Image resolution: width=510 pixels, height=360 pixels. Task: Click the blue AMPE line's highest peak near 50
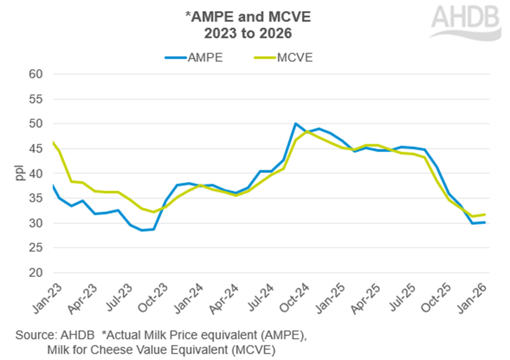[x=296, y=123]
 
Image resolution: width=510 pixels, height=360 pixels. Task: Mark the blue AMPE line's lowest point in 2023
[x=142, y=230]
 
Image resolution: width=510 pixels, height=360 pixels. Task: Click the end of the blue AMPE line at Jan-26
[x=486, y=222]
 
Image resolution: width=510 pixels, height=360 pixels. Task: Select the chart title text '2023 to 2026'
[x=236, y=32]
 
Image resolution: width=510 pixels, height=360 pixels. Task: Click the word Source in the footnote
[x=38, y=336]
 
